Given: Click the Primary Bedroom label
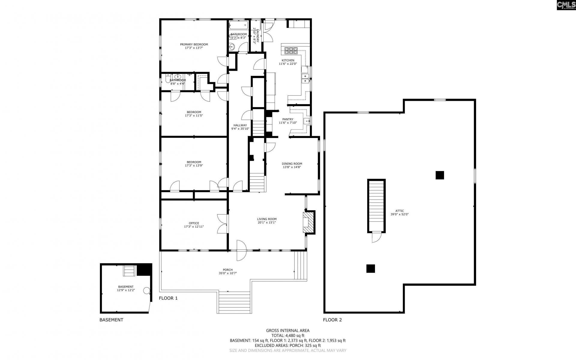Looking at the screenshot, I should (194, 44).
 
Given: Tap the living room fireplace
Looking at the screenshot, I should (309, 222).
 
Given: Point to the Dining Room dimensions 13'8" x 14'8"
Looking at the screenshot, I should (292, 167).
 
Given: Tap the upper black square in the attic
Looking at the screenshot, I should (439, 175).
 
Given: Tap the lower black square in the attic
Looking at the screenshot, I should (370, 268).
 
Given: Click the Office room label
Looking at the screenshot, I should (194, 223).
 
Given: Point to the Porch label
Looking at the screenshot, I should (228, 270).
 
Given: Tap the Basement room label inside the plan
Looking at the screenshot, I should (126, 286).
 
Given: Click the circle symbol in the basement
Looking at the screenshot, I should (146, 290).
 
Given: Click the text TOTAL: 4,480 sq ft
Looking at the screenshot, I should (288, 335).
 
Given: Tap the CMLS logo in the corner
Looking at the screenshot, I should (566, 5).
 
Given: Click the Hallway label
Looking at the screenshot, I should (240, 125).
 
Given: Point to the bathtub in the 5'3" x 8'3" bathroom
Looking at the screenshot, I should (238, 25).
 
